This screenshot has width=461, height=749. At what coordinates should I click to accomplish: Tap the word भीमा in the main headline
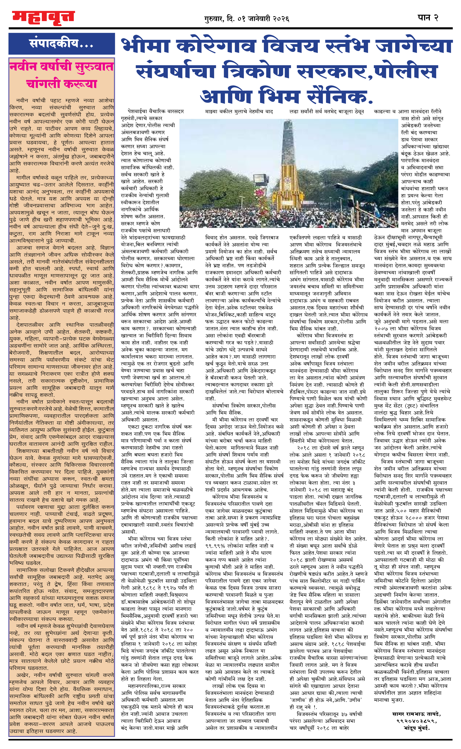tap(146, 46)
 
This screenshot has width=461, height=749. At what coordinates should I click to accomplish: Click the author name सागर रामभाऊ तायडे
tap(417, 714)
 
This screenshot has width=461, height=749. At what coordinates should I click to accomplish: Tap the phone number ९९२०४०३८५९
tap(417, 721)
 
